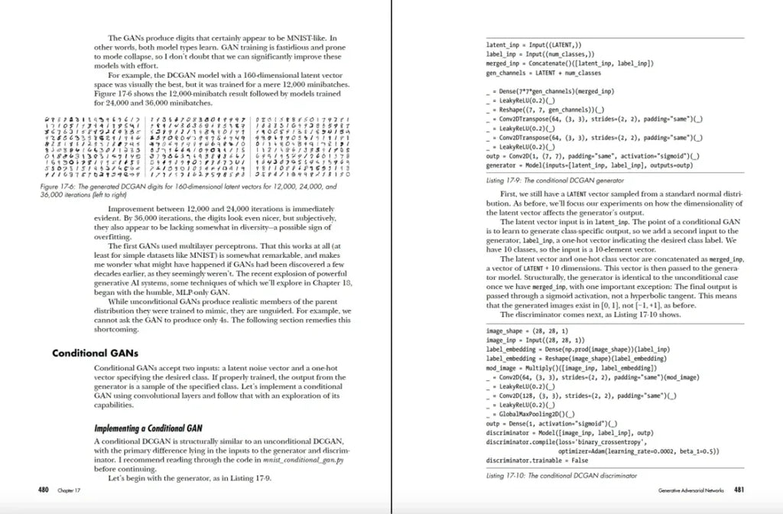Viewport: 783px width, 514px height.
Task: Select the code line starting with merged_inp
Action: pyautogui.click(x=569, y=63)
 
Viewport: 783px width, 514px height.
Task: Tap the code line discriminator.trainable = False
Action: pyautogui.click(x=538, y=460)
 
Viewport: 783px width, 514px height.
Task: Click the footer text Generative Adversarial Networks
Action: pyautogui.click(x=689, y=490)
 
